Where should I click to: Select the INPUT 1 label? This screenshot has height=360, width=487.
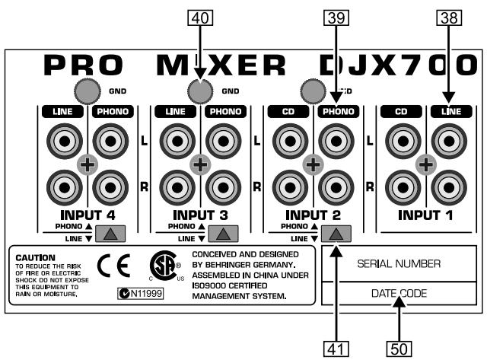click(x=426, y=215)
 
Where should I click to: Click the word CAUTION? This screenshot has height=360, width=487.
click(x=35, y=257)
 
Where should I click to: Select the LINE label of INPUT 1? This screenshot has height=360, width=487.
click(x=447, y=112)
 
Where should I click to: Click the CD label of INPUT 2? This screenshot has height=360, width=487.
click(x=289, y=112)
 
